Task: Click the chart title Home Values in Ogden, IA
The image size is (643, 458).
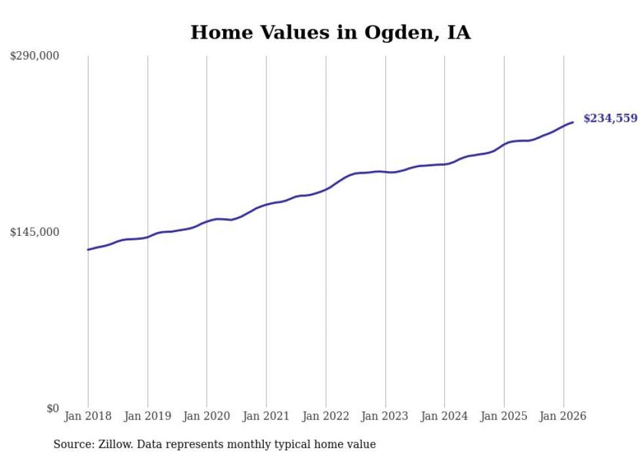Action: coord(331,32)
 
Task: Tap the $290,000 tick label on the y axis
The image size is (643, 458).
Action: coord(34,56)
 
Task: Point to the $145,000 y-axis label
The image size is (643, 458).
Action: coord(34,232)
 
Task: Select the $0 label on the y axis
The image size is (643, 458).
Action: coord(53,408)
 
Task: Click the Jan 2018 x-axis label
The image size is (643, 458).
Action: coord(88,416)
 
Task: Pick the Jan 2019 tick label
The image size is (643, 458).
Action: coord(148,416)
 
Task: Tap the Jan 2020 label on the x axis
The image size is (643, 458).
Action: coord(207,416)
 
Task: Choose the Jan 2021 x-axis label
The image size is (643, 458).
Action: coord(266,416)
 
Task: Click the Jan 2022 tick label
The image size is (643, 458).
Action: coord(325,416)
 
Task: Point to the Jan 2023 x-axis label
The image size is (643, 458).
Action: coord(385,416)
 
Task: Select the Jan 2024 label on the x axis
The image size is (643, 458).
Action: coord(445,416)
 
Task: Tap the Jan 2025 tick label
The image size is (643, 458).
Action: coord(504,416)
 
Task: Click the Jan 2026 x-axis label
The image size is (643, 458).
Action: coord(564,416)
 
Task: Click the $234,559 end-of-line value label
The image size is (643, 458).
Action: coord(611,119)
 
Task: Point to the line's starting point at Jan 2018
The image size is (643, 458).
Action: coord(88,250)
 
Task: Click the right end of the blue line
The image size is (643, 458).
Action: coord(572,122)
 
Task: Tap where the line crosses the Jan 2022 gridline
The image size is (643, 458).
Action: coord(326,189)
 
